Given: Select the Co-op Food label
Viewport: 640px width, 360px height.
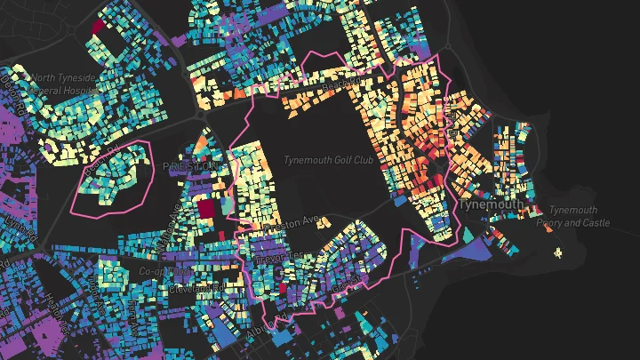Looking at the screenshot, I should click(x=159, y=271).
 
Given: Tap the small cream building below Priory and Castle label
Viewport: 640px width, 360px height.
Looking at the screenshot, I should click(x=558, y=253).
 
